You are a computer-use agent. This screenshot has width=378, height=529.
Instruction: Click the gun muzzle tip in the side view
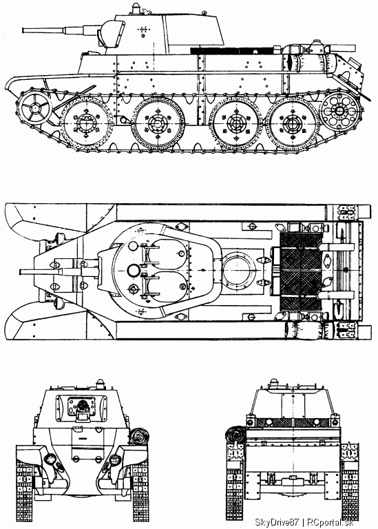pyautogui.click(x=23, y=30)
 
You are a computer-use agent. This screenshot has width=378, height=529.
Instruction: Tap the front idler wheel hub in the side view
pyautogui.click(x=34, y=107)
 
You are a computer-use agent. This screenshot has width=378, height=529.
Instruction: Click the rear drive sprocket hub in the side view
pyautogui.click(x=339, y=110)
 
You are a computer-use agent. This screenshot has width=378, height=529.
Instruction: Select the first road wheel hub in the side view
pyautogui.click(x=86, y=123)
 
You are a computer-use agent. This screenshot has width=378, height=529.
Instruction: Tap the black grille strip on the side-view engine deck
pyautogui.click(x=235, y=51)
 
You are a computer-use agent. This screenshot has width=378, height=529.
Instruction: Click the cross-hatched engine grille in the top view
pyautogui.click(x=301, y=271)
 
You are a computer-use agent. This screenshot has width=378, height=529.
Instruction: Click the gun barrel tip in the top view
pyautogui.click(x=21, y=272)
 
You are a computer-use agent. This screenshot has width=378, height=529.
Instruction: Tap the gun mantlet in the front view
pyautogui.click(x=82, y=408)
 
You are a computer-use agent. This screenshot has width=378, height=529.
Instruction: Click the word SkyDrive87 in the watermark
pyautogui.click(x=277, y=522)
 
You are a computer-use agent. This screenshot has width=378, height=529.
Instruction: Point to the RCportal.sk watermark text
pyautogui.click(x=329, y=522)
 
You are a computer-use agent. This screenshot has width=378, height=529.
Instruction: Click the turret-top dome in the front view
pyautogui.click(x=100, y=383)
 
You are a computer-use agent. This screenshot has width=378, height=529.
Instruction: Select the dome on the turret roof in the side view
pyautogui.click(x=135, y=8)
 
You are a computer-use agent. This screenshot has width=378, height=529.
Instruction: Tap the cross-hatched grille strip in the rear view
pyautogui.click(x=293, y=423)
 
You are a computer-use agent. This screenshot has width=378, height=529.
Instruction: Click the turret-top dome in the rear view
pyautogui.click(x=274, y=383)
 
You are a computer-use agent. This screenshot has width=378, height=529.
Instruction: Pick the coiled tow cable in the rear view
pyautogui.click(x=234, y=435)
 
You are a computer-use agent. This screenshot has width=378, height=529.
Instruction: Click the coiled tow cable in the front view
pyautogui.click(x=139, y=437)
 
